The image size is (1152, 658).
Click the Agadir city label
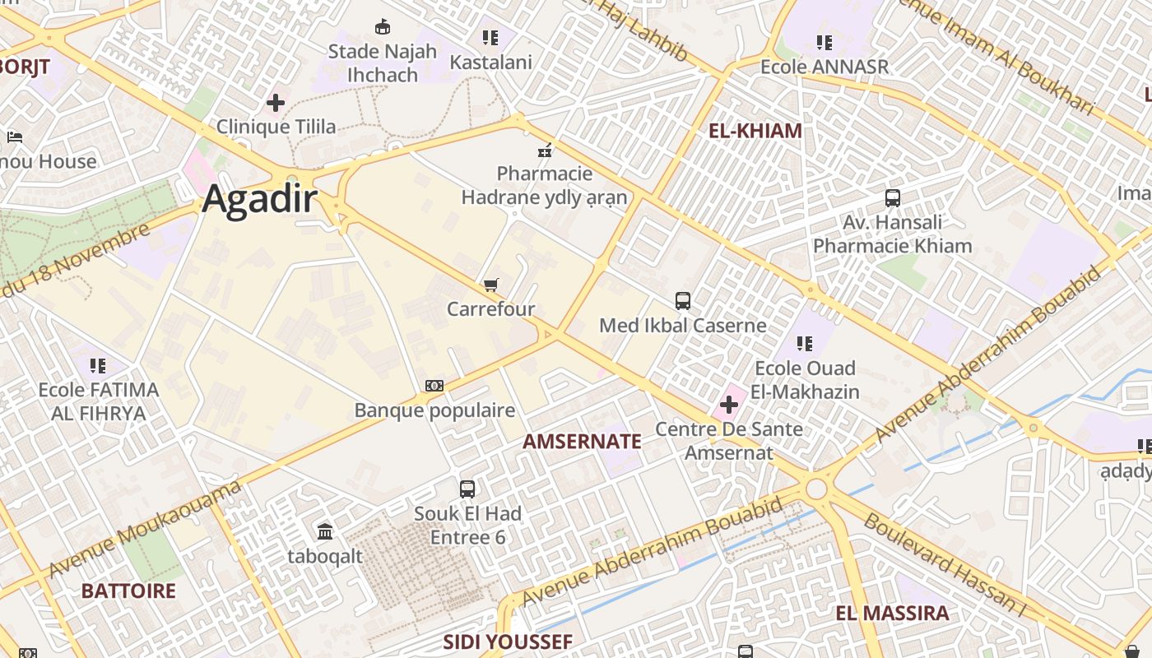pyautogui.click(x=260, y=198)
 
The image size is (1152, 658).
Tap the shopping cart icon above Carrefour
pyautogui.click(x=490, y=285)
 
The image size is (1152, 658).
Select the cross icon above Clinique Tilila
pyautogui.click(x=276, y=103)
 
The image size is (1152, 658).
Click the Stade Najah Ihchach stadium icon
pyautogui.click(x=382, y=27)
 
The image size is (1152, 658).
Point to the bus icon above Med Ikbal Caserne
pyautogui.click(x=683, y=301)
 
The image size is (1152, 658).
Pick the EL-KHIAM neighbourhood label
pyautogui.click(x=755, y=130)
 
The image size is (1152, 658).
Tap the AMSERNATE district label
pyautogui.click(x=582, y=442)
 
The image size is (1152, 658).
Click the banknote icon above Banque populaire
pyautogui.click(x=434, y=386)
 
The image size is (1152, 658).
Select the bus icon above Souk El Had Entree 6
pyautogui.click(x=467, y=489)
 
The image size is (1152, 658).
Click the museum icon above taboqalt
pyautogui.click(x=325, y=532)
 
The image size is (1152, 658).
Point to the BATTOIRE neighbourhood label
pyautogui.click(x=128, y=591)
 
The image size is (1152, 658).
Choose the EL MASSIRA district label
pyautogui.click(x=892, y=613)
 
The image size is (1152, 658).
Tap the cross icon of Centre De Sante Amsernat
pyautogui.click(x=728, y=405)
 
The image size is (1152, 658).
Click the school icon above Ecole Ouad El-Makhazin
pyautogui.click(x=805, y=344)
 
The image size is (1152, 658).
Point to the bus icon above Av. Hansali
pyautogui.click(x=893, y=198)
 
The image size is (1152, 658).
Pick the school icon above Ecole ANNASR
pyautogui.click(x=825, y=42)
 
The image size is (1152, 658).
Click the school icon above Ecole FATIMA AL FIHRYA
pyautogui.click(x=98, y=365)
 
